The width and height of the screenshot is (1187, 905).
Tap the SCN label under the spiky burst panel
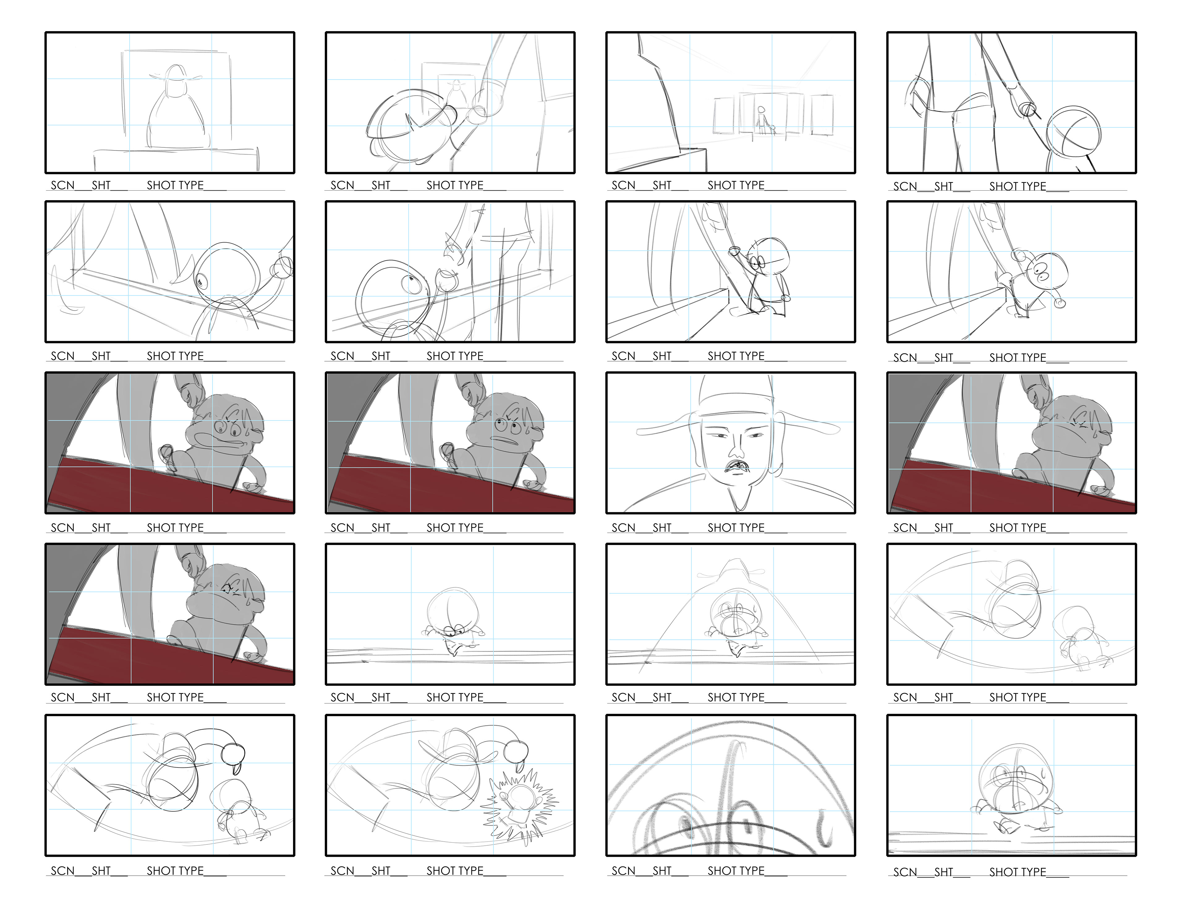pyautogui.click(x=342, y=871)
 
